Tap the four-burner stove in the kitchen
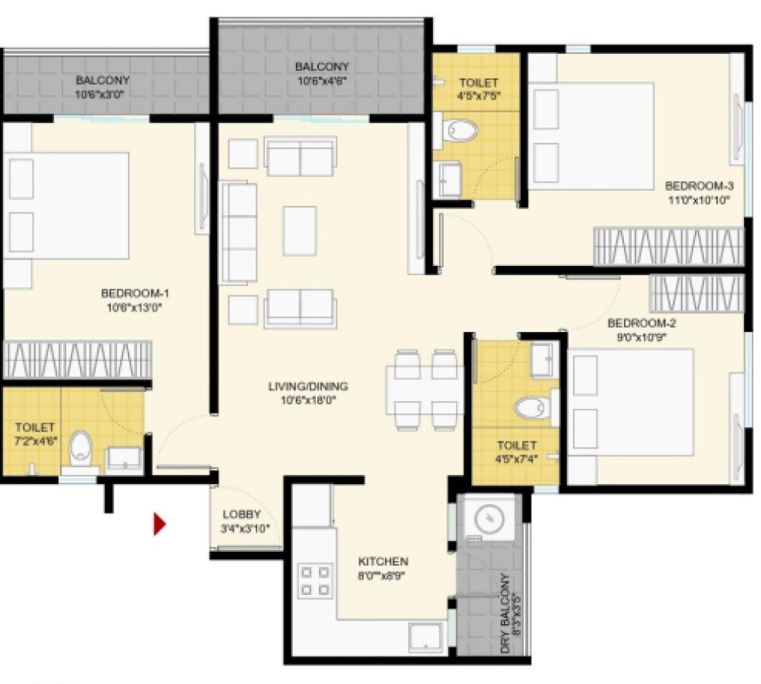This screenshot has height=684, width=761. (315, 580)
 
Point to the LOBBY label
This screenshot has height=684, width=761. (242, 514)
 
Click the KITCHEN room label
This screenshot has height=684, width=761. (383, 562)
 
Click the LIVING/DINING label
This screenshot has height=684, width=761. (307, 386)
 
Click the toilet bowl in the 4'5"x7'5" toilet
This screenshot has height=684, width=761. (461, 131)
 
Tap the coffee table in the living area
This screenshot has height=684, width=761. (299, 230)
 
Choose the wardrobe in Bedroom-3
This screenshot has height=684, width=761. (667, 246)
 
